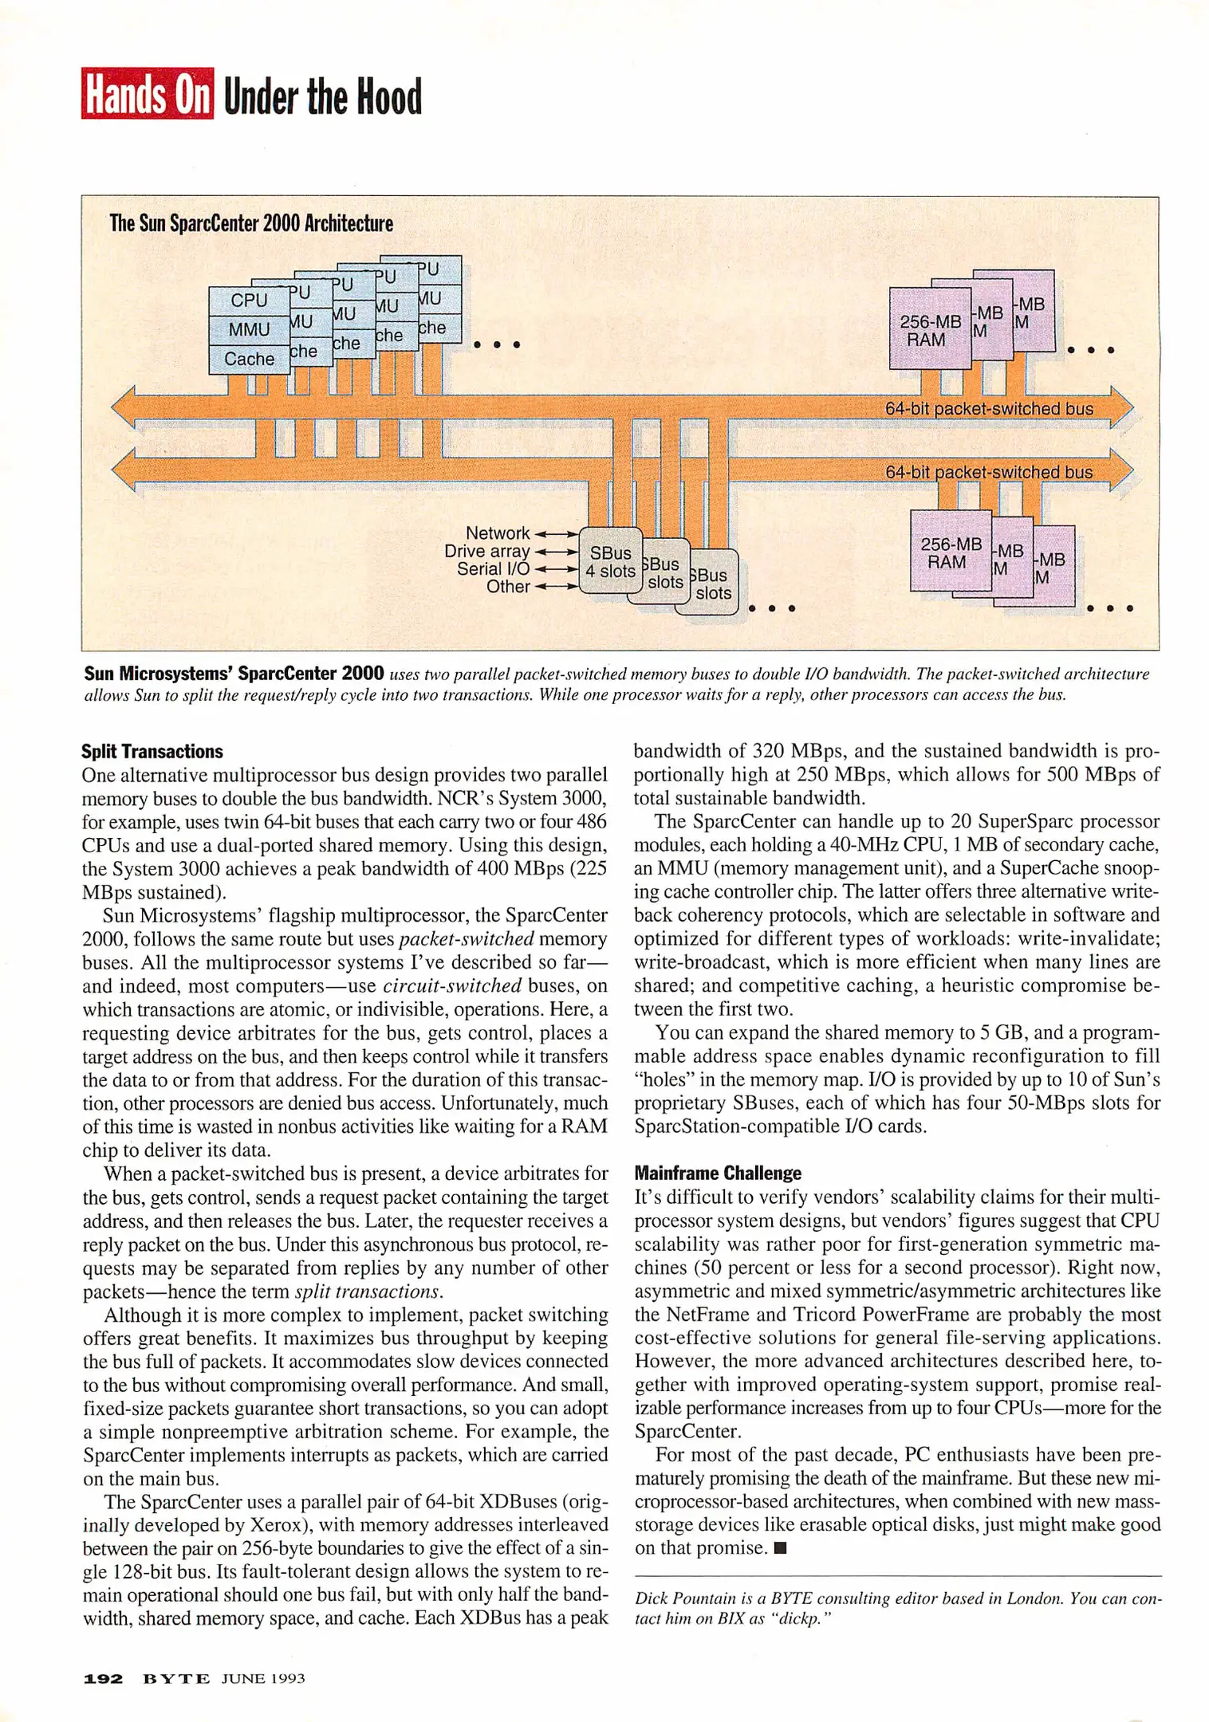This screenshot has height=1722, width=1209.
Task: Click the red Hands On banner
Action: click(x=148, y=94)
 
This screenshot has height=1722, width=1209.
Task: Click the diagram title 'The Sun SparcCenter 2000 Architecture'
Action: click(x=251, y=223)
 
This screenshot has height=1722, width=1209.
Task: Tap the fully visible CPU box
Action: click(x=248, y=301)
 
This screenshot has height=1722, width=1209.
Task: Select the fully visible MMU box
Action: click(x=248, y=329)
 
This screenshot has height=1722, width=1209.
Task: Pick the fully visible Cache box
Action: click(x=248, y=359)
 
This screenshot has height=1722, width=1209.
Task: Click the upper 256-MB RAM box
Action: click(x=930, y=330)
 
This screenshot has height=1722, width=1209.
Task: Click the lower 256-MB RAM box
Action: click(x=951, y=552)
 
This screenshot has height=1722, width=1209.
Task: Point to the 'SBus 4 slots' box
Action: click(x=610, y=561)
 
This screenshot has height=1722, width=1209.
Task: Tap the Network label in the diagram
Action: click(x=498, y=533)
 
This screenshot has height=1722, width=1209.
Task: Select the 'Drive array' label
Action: click(x=487, y=551)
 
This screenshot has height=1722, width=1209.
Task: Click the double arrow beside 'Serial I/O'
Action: click(x=556, y=569)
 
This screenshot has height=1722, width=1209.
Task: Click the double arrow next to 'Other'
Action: click(x=556, y=587)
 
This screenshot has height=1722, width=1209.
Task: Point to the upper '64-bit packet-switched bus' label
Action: click(x=989, y=409)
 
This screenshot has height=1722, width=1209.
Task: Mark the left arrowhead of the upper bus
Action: click(x=124, y=409)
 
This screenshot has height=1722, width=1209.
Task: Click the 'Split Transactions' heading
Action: click(x=152, y=751)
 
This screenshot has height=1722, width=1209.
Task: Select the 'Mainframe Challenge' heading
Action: click(x=718, y=1173)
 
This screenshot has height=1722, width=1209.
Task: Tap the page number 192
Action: click(x=103, y=1678)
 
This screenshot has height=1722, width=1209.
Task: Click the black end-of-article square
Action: click(x=781, y=1548)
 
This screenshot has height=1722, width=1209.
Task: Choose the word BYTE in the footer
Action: click(x=176, y=1678)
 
